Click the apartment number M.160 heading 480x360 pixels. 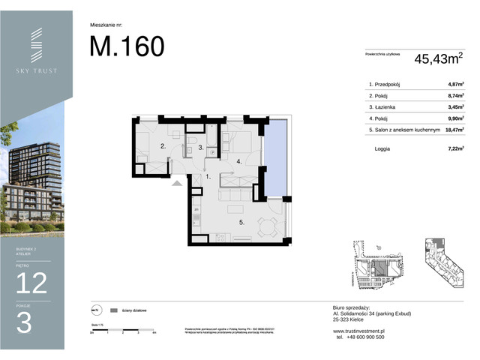[x=127, y=46]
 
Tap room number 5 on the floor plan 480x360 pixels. [x=241, y=223]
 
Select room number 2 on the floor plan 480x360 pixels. [x=162, y=147]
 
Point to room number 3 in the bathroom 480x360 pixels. [x=202, y=147]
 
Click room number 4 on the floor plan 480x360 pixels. [x=238, y=161]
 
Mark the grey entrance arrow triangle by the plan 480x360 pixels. [x=177, y=182]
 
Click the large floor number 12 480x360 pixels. [x=31, y=283]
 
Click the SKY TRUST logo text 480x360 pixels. [x=36, y=71]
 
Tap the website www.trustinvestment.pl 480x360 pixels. [x=358, y=330]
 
